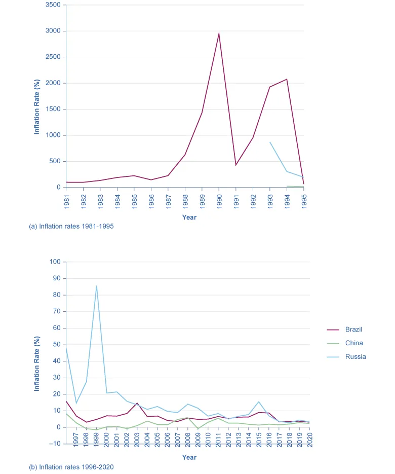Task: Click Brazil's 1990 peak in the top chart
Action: [x=219, y=33]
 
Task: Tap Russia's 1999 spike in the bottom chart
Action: [x=96, y=286]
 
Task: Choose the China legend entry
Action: [x=354, y=343]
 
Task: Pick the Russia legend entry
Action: [x=355, y=357]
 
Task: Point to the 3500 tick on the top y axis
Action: [x=53, y=5]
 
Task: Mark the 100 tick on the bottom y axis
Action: [x=54, y=262]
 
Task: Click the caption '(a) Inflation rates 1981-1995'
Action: [x=71, y=227]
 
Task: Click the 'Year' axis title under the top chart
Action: [x=189, y=217]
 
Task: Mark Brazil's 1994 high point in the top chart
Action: [x=287, y=79]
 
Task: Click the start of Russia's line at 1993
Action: [x=270, y=142]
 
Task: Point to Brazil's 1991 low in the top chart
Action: [x=236, y=165]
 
